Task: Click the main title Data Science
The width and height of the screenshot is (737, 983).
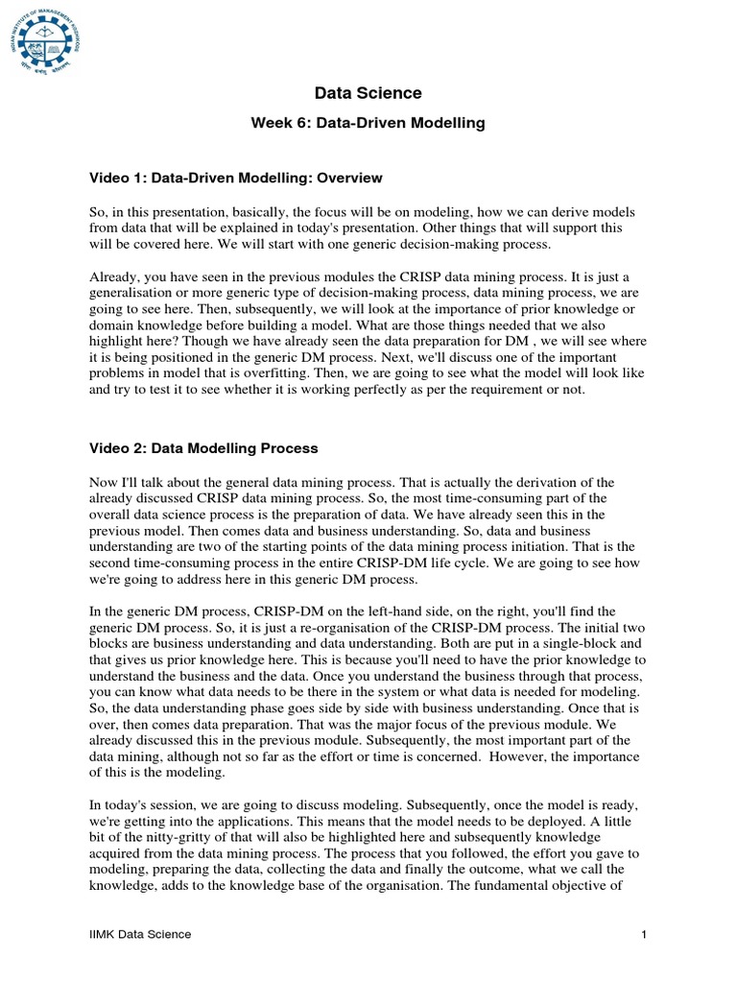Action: (368, 93)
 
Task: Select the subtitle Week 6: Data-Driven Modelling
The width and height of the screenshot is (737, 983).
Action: (368, 123)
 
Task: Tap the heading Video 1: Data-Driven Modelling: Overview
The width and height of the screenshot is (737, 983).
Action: (236, 178)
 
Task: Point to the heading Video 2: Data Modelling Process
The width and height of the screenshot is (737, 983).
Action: (203, 448)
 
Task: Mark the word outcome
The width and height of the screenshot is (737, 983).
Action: (520, 870)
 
